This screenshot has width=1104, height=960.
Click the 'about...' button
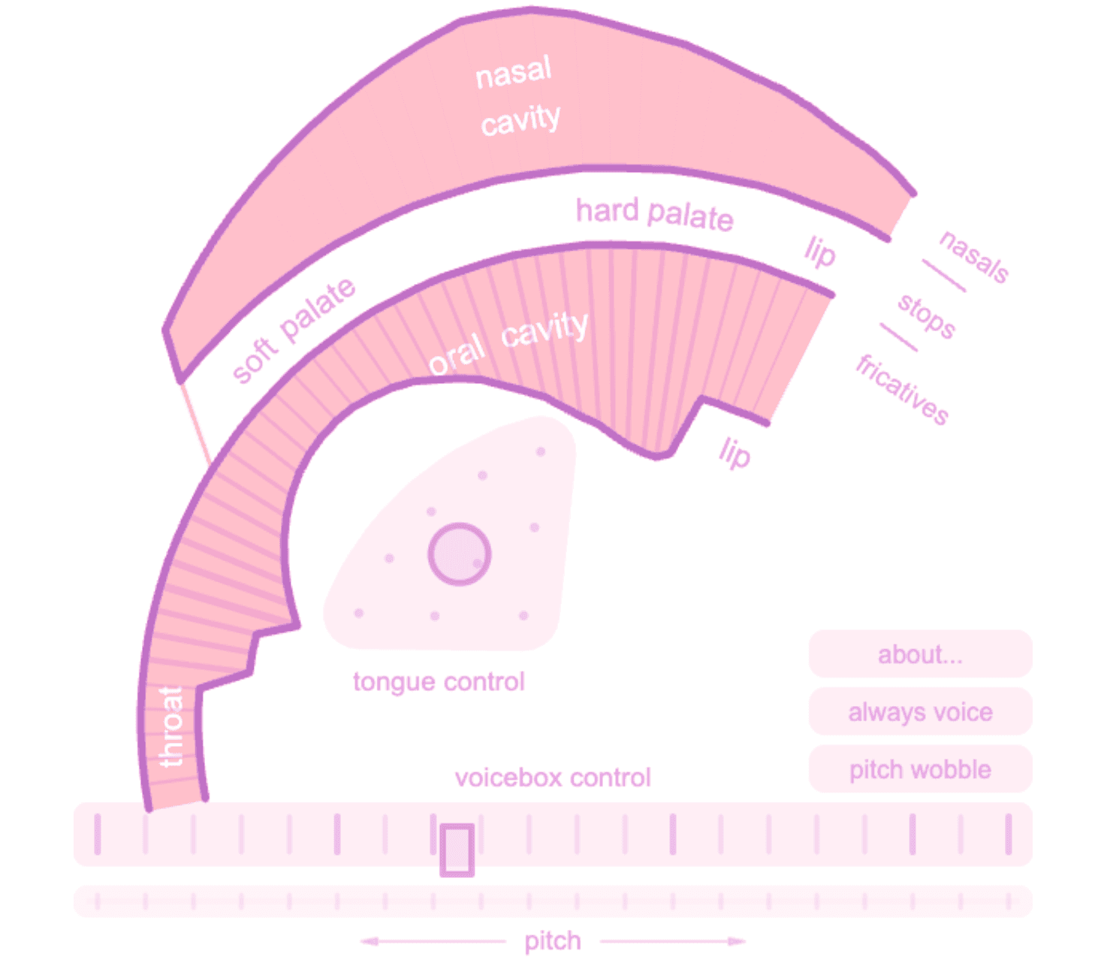click(920, 654)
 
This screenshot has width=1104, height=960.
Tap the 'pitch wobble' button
click(920, 768)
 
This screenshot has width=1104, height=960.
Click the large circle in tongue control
click(459, 554)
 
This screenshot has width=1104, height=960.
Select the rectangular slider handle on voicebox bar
click(457, 850)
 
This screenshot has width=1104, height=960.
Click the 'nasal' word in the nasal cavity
click(513, 71)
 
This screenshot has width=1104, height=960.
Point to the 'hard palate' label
click(655, 214)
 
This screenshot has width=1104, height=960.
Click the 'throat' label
click(171, 726)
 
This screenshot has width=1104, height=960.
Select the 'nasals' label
click(973, 256)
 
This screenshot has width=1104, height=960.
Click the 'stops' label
click(926, 316)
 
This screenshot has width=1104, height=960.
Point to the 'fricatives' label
click(902, 389)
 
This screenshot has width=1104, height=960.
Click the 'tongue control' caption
click(439, 682)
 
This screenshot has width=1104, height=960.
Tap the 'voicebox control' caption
click(553, 777)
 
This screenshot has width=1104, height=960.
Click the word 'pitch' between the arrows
click(553, 941)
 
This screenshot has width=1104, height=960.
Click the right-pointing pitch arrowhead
click(737, 941)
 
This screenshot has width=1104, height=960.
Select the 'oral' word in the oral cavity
click(457, 353)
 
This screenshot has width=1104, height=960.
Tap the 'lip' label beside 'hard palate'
click(819, 252)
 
